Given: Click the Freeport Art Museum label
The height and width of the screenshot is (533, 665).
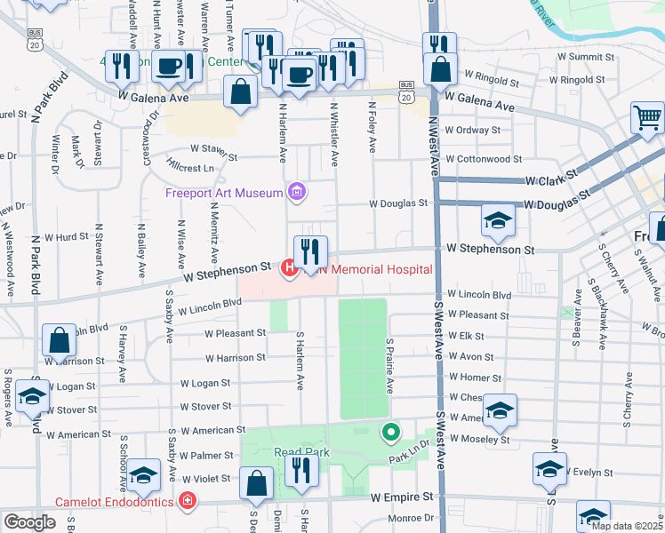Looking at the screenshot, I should coord(224,194).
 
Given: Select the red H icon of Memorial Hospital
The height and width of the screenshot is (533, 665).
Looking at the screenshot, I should coord(289,266).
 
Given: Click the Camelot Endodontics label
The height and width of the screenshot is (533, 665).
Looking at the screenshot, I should coord(116,502).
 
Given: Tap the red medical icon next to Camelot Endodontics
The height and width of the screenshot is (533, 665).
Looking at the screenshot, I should coord(187,502).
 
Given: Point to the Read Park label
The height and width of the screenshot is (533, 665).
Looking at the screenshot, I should coord(301,452).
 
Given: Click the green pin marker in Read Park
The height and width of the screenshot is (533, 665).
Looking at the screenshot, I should coord(389,433).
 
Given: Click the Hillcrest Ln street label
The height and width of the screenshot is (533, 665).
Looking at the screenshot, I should coord(190,168).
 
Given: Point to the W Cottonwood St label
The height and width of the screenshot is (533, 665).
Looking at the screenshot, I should coord(484,159).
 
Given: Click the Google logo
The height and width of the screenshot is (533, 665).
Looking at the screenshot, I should coord(29,522).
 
